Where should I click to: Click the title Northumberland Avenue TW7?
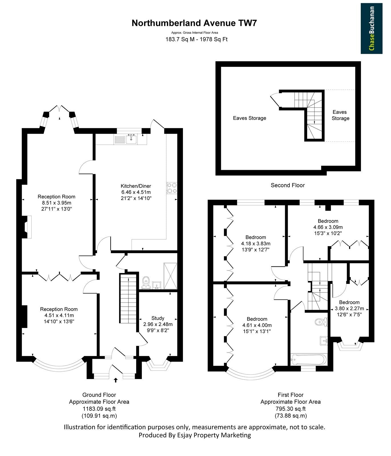(x=194, y=23)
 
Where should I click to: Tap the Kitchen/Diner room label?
(x=136, y=186)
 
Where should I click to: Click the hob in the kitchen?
(x=172, y=188)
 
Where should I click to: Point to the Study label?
(x=158, y=318)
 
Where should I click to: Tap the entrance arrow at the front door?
(x=116, y=380)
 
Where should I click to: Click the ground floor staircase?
(x=128, y=299)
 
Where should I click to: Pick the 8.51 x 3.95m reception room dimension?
(x=57, y=203)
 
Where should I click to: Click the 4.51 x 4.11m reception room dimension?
(x=59, y=315)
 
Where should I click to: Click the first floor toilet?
(x=321, y=322)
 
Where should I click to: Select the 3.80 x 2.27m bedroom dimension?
(x=349, y=308)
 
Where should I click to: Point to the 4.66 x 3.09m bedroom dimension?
(x=328, y=227)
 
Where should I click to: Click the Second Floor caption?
(x=288, y=185)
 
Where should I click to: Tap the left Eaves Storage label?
(x=249, y=118)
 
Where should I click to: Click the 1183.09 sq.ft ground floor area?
(x=99, y=409)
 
